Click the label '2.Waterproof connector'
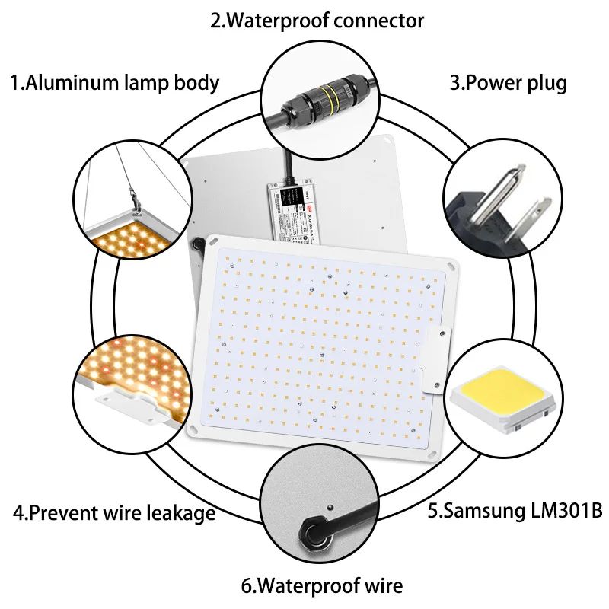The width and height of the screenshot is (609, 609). pyautogui.click(x=317, y=20)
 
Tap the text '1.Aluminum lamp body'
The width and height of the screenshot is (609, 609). pyautogui.click(x=114, y=82)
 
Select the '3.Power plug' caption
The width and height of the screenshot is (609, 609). pyautogui.click(x=508, y=82)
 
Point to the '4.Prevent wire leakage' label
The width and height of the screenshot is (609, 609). pyautogui.click(x=114, y=513)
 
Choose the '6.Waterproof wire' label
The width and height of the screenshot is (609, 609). pyautogui.click(x=322, y=585)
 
